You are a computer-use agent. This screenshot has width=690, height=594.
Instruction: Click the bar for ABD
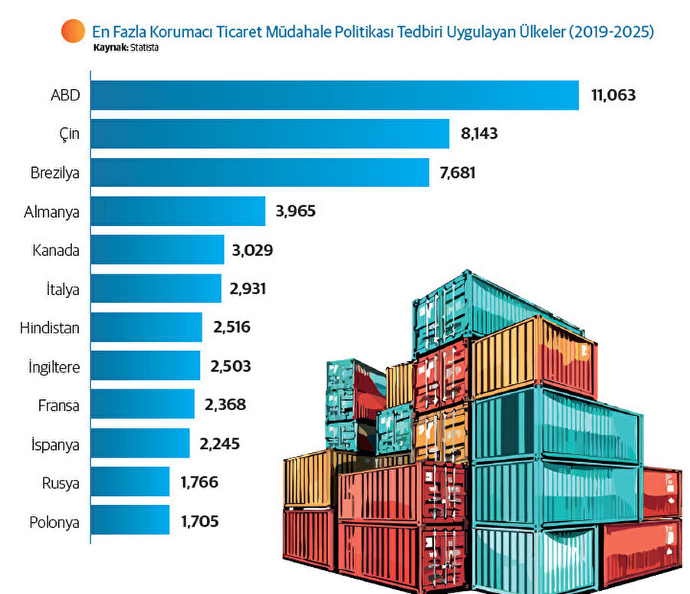tap(334, 95)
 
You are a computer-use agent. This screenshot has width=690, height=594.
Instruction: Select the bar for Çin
tap(270, 133)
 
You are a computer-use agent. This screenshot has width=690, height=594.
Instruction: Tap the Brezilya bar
tap(260, 172)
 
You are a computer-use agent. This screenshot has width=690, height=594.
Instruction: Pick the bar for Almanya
tap(178, 211)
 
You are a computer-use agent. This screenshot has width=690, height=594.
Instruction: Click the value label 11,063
tap(614, 95)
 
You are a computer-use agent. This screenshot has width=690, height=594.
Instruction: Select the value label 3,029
tap(252, 250)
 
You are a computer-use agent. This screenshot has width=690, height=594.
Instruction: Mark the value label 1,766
tap(200, 482)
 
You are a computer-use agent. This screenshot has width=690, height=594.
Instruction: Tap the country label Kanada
tap(56, 250)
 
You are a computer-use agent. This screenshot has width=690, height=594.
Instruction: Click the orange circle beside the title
tap(73, 31)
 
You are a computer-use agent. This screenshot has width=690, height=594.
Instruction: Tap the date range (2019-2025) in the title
tap(611, 32)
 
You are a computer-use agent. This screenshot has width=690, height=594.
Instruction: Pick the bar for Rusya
tap(130, 482)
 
